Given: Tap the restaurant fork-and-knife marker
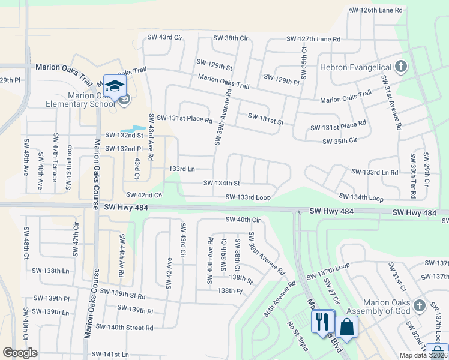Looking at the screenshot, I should click(x=322, y=322).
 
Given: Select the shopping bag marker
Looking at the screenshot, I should click(x=347, y=326).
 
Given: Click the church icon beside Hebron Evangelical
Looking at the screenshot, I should click(x=401, y=67).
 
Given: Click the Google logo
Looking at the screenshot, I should click(x=20, y=353).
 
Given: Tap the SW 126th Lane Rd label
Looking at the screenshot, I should click(x=376, y=10).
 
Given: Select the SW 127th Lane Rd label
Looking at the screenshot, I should click(x=313, y=39).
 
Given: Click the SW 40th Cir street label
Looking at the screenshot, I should click(x=243, y=220).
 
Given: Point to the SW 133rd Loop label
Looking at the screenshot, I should click(x=248, y=197).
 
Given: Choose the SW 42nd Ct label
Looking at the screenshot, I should click(x=145, y=195).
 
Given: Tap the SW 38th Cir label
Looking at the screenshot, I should click(x=231, y=38).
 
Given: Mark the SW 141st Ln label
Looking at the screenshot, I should click(x=108, y=355).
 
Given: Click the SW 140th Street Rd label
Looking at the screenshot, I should click(x=125, y=328).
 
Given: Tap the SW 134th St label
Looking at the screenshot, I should click(x=221, y=183).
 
